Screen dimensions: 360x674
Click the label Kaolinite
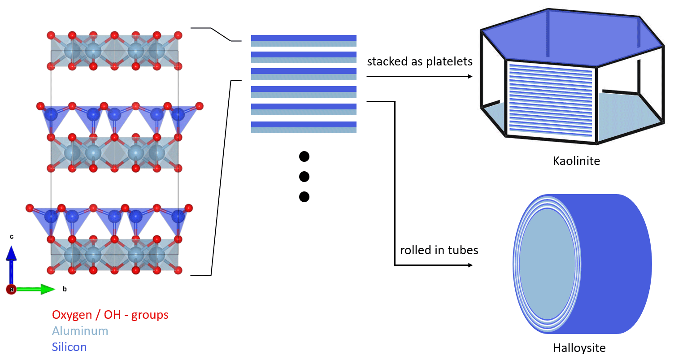click(x=576, y=160)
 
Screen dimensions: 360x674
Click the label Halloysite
click(x=579, y=347)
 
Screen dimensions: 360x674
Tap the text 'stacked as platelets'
click(x=420, y=61)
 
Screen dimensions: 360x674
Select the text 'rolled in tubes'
click(x=439, y=250)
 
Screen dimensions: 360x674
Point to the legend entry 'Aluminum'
click(x=80, y=331)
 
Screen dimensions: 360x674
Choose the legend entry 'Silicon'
click(x=69, y=347)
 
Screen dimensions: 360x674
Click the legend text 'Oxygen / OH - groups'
click(x=110, y=315)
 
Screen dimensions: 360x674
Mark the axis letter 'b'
click(x=65, y=289)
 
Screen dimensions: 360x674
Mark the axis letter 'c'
click(x=12, y=236)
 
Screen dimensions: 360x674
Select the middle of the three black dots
click(x=304, y=176)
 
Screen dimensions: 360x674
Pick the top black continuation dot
click(x=304, y=156)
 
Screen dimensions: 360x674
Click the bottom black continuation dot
click(x=304, y=196)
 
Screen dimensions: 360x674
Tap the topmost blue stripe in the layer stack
click(x=304, y=38)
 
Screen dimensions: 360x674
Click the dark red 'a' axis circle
click(x=11, y=290)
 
